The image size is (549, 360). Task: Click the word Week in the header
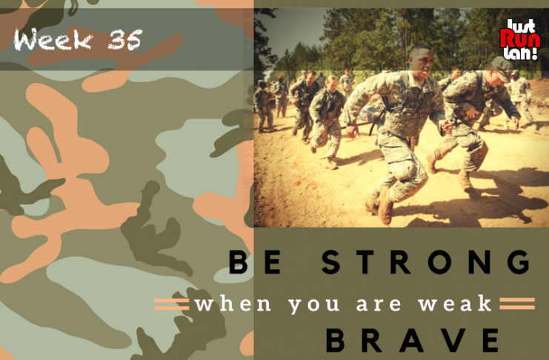point(53,39)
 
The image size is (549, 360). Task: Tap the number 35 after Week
point(124,39)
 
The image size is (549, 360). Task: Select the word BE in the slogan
point(255,262)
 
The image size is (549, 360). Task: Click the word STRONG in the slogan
point(427,262)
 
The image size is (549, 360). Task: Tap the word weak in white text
point(455,303)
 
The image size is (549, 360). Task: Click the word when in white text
point(233,303)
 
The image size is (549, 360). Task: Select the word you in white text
point(314,304)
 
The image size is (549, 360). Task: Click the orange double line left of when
point(172,304)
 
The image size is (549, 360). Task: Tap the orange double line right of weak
point(517,303)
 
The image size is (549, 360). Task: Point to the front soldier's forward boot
point(385,206)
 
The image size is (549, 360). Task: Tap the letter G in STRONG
point(519,262)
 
